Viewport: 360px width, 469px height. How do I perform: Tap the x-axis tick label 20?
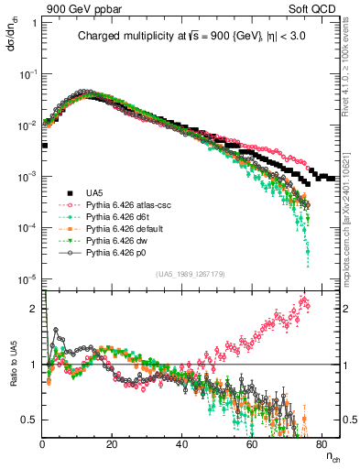pos(112,443)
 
